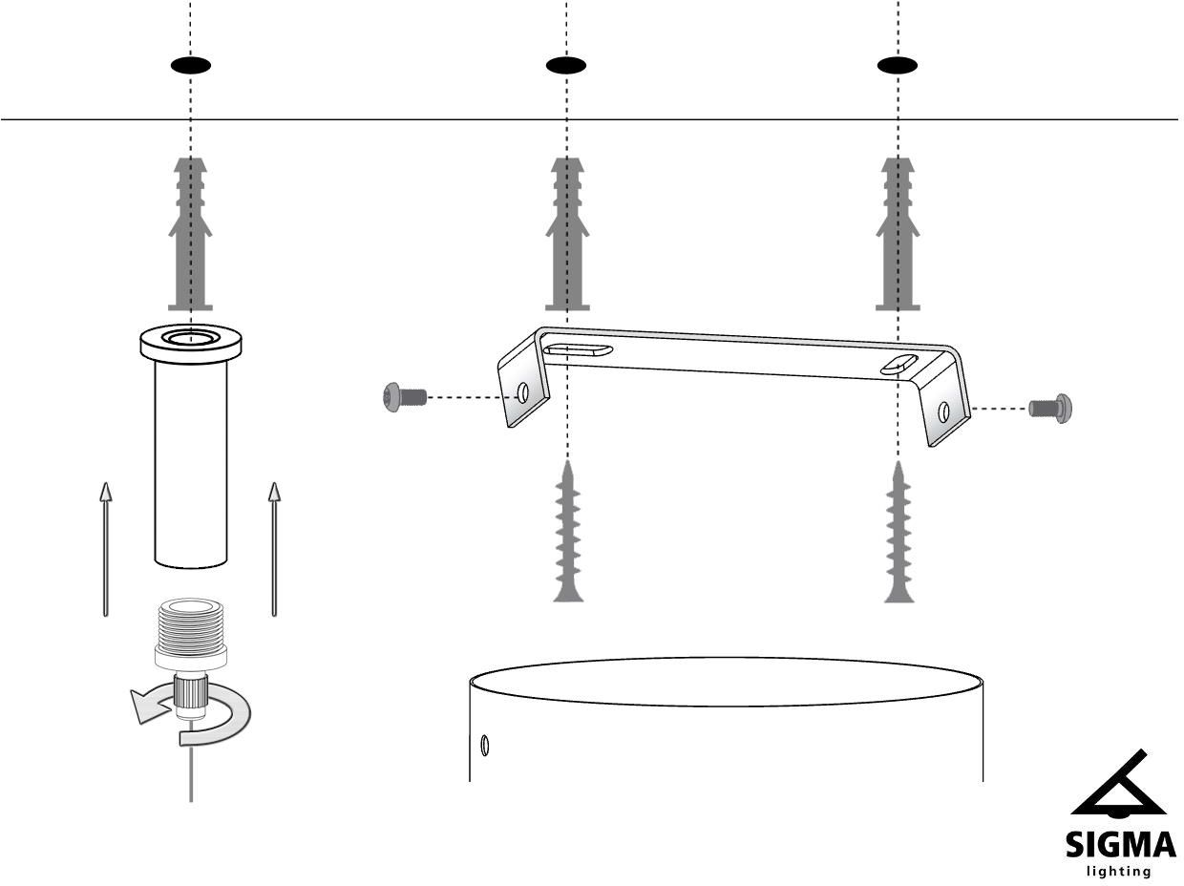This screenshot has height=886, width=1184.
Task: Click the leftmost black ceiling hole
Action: click(191, 65)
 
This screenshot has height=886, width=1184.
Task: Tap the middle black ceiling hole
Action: click(566, 65)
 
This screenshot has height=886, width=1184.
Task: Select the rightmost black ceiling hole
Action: click(898, 65)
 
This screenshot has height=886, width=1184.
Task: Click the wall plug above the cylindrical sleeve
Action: click(191, 234)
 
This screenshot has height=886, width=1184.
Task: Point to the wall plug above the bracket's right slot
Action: click(898, 234)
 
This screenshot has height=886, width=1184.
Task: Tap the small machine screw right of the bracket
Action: click(1054, 409)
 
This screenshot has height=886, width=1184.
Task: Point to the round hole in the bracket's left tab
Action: click(523, 392)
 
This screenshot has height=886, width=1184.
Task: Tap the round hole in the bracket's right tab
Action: click(943, 411)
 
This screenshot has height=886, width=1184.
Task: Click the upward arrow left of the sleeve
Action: click(106, 548)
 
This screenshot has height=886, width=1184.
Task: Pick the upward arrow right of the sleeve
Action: click(275, 548)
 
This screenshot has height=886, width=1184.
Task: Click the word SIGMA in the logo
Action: click(1121, 846)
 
